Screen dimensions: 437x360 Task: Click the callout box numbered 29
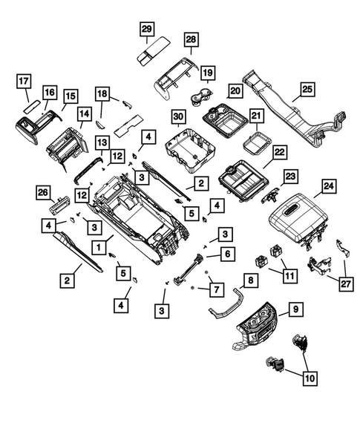147,29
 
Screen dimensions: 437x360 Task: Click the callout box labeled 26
43,194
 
